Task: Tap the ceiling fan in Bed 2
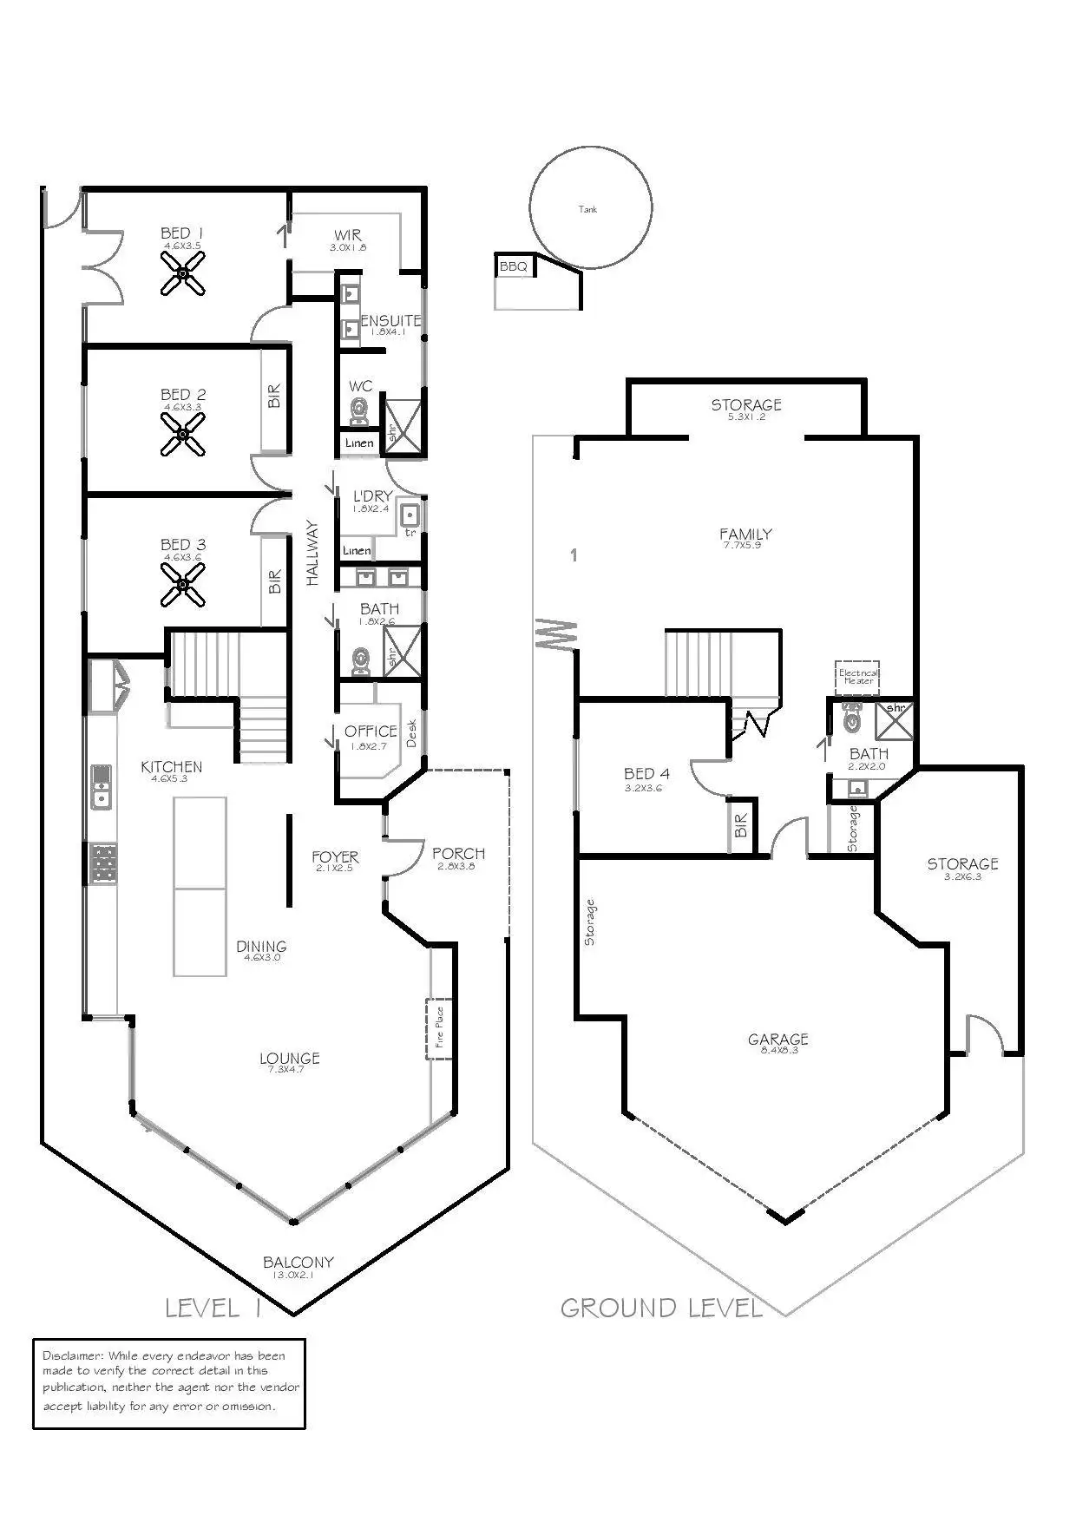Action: (183, 434)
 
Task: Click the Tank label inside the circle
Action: (588, 209)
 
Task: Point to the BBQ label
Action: (514, 266)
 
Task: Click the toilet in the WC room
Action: (359, 411)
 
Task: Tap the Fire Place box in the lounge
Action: (439, 1028)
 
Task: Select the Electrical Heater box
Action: (858, 676)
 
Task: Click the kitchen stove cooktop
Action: (103, 864)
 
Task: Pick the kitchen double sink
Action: (102, 785)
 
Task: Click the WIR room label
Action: (348, 235)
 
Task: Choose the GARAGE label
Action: (778, 1039)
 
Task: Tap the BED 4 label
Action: (646, 773)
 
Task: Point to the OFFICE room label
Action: (371, 731)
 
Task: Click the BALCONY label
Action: (299, 1263)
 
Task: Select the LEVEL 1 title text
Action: (213, 1308)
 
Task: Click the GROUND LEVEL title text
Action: (661, 1308)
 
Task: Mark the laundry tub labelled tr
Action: (410, 516)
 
